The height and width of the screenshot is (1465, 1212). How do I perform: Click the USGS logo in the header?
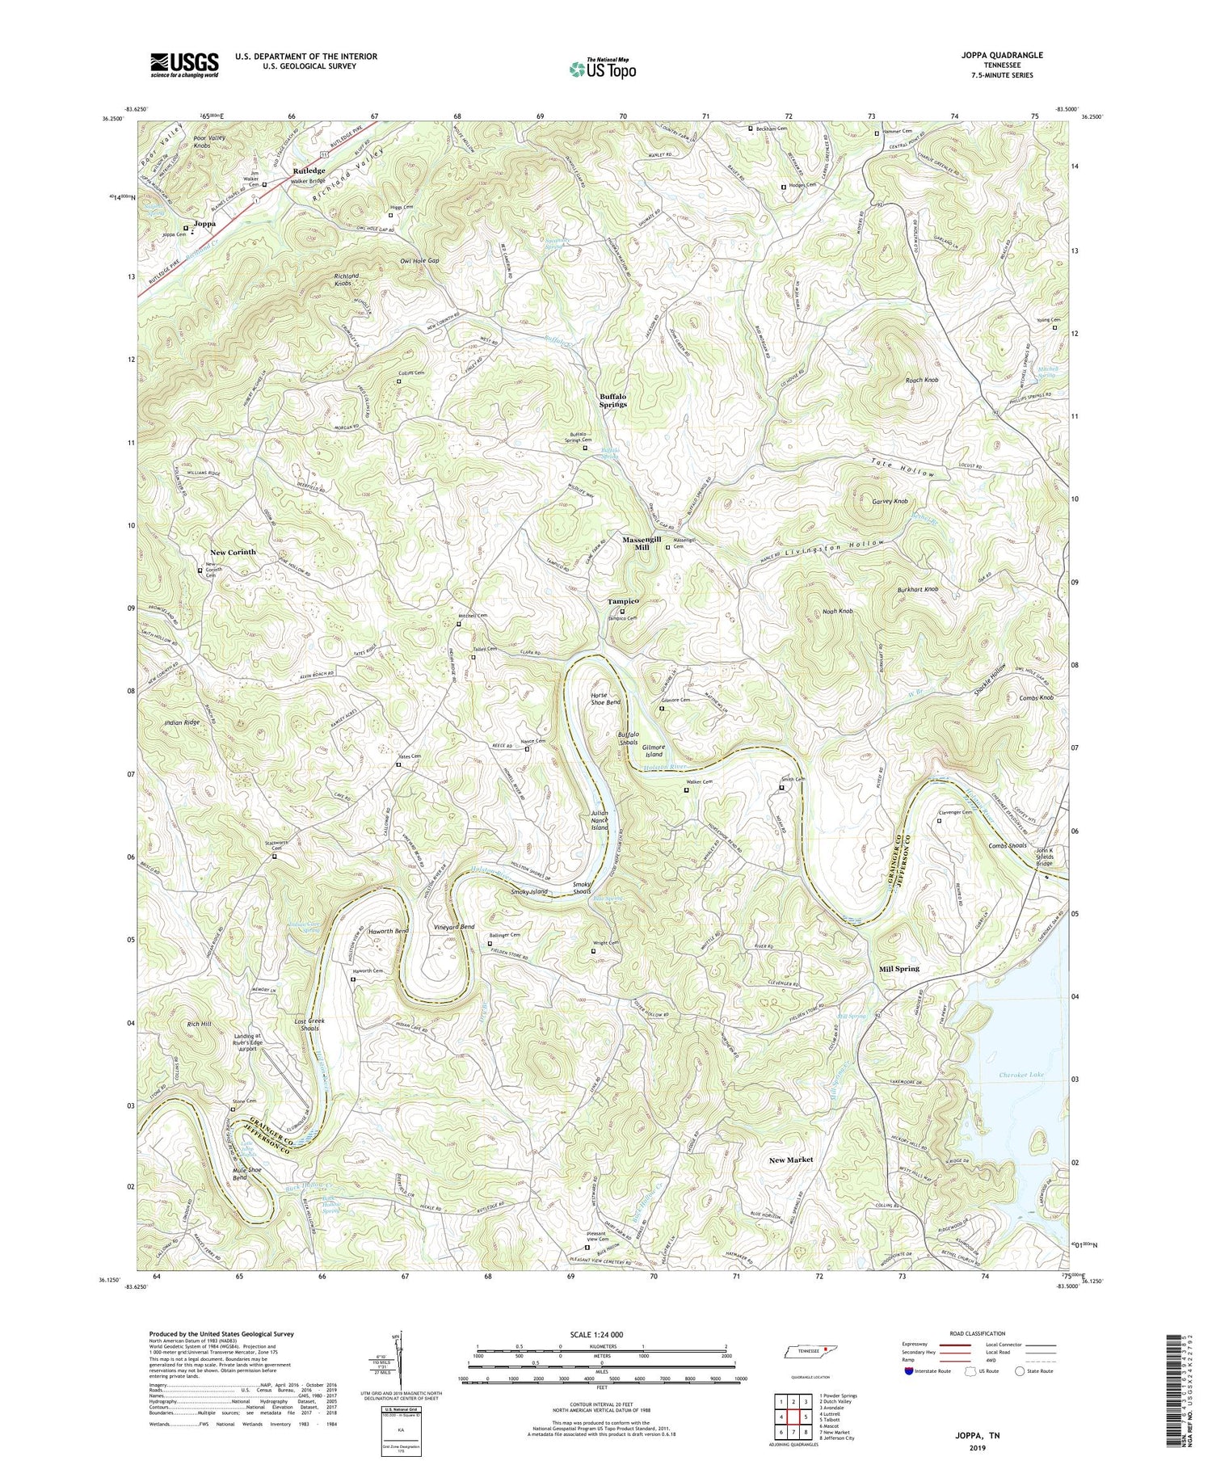pyautogui.click(x=184, y=65)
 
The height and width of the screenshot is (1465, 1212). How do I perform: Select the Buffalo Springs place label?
pyautogui.click(x=613, y=400)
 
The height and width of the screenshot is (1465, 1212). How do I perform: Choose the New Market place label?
pyautogui.click(x=791, y=1160)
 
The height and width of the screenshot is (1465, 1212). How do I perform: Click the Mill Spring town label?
pyautogui.click(x=898, y=968)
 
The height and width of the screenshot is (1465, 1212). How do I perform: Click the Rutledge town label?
pyautogui.click(x=309, y=170)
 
